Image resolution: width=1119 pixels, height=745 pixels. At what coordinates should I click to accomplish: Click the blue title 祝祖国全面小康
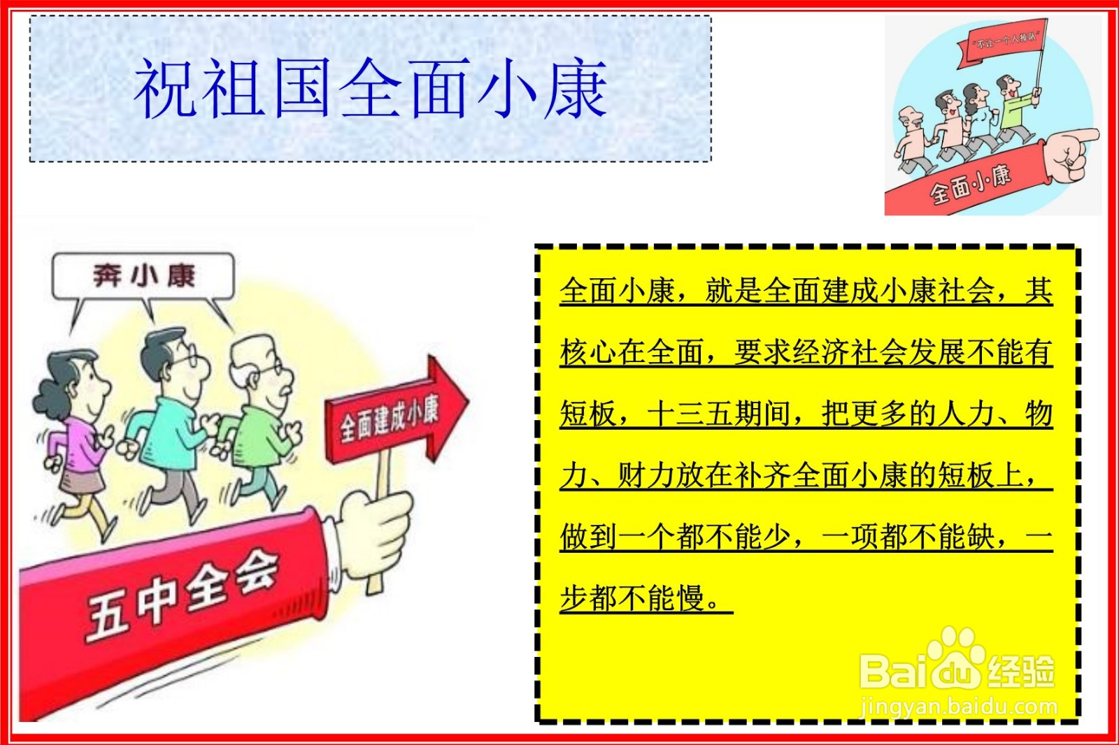pos(370,89)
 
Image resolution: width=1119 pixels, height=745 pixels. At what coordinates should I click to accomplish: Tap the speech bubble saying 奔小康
pos(143,277)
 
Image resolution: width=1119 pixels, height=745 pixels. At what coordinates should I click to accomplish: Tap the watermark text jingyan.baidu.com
pos(959,707)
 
